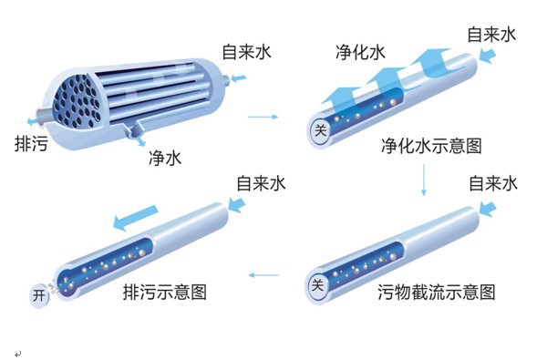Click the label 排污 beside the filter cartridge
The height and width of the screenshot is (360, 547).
31,143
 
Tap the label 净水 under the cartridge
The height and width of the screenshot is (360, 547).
165,158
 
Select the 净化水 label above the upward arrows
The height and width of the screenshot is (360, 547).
360,52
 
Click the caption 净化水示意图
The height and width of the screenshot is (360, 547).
431,145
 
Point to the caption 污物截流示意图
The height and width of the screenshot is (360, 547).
437,292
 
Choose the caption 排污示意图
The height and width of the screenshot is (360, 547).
165,292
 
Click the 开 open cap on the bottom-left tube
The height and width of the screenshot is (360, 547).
39,296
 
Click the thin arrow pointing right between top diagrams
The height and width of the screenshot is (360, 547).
263,117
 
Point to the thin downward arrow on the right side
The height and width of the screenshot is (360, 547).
424,180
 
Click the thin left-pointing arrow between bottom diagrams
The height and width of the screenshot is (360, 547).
263,275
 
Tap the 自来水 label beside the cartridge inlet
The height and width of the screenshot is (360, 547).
247,52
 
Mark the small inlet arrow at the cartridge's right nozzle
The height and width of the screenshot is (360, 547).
239,78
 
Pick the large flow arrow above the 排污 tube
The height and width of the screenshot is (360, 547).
136,217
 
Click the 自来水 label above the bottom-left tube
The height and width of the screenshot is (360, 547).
261,183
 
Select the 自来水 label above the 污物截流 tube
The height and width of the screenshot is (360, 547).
493,183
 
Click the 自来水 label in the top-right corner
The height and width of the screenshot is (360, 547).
491,35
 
